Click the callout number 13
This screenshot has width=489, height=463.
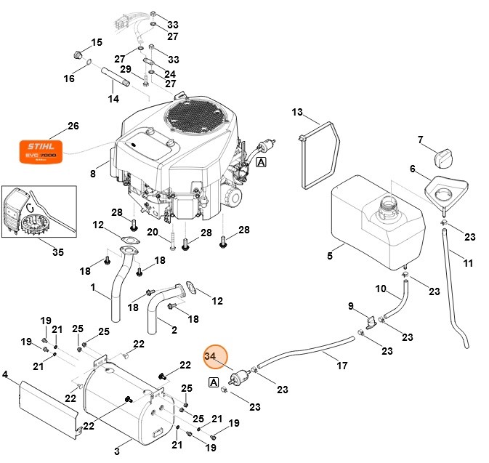tap(296, 113)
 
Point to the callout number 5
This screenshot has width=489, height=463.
tap(329, 256)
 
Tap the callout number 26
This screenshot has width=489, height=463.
tap(73, 126)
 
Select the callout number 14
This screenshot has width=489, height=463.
tap(113, 98)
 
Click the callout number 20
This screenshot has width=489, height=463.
tap(153, 232)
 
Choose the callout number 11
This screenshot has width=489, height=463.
tap(468, 262)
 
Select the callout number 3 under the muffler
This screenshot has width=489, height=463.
tap(117, 451)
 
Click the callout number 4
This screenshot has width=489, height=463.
tap(5, 375)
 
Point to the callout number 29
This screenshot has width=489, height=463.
tap(125, 69)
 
